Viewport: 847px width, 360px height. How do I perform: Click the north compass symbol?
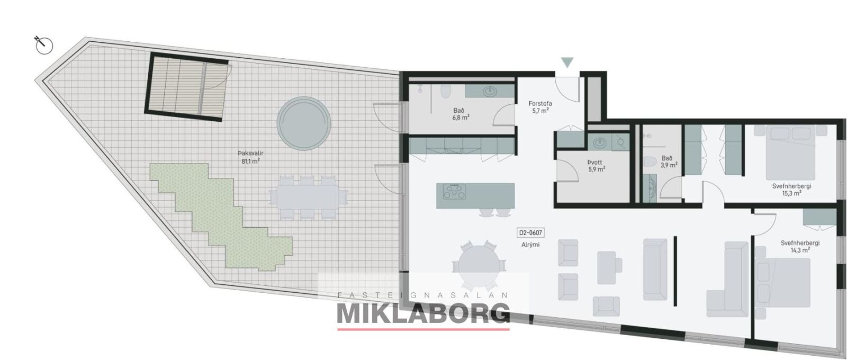coord(44,46)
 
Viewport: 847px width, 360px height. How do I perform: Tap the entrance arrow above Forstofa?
coord(567,62)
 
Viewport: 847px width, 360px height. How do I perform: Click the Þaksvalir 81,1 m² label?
coord(250,157)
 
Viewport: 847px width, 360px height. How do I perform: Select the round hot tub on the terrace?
coord(304,123)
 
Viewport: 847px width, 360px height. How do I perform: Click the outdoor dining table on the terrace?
coord(308,197)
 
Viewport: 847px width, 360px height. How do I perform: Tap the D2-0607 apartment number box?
coord(530,233)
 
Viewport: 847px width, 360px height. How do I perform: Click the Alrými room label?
coord(530,245)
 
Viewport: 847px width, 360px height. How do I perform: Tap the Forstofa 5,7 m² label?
coord(540,107)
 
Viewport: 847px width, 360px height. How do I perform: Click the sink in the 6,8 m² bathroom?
coord(490,91)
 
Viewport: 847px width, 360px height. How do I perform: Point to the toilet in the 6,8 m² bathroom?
coord(446,91)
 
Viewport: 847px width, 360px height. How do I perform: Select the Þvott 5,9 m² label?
coord(596,166)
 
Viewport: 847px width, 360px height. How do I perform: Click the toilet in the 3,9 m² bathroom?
coord(650,162)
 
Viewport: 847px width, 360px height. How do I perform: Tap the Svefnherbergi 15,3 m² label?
coord(791,190)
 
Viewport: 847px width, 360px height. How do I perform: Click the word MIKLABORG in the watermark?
coord(423,313)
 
